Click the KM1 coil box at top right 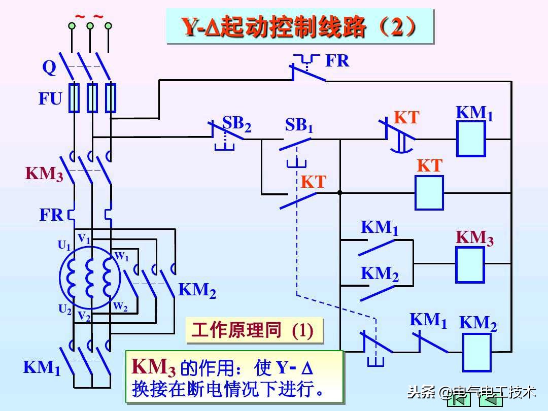click(x=471, y=139)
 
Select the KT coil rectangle click(x=429, y=192)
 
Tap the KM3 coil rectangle click(x=470, y=264)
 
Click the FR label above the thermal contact click(x=337, y=61)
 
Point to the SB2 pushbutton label click(x=236, y=124)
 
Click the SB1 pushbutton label click(x=299, y=125)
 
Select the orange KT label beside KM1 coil click(x=406, y=118)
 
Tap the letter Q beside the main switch click(x=49, y=67)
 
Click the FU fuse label click(x=50, y=99)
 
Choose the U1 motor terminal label click(x=64, y=246)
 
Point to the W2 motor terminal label click(x=120, y=306)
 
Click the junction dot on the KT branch click(x=339, y=193)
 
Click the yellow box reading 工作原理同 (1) click(x=254, y=331)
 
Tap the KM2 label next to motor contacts click(x=197, y=291)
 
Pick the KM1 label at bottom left click(x=42, y=367)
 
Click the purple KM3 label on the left click(x=45, y=174)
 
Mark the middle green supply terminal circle click(x=90, y=25)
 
